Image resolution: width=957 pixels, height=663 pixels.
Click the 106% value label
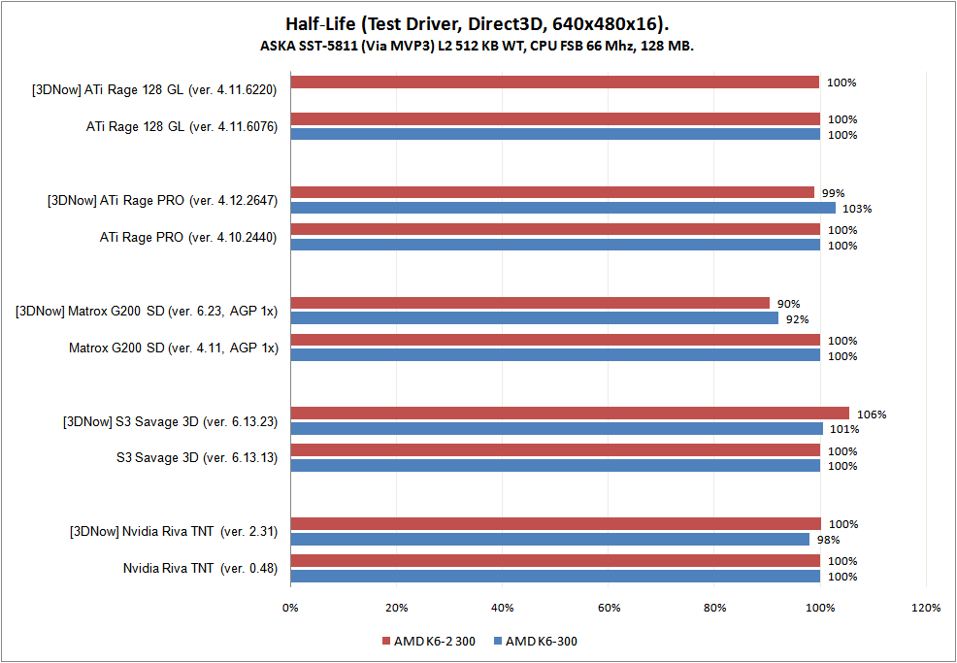[x=872, y=414]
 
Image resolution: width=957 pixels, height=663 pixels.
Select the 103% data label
[x=857, y=209]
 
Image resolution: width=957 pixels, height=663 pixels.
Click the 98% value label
[x=827, y=540]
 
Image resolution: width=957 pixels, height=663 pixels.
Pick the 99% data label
[x=832, y=193]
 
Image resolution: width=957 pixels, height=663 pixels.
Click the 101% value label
[x=841, y=429]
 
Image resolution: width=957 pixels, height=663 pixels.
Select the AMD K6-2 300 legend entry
[x=434, y=642]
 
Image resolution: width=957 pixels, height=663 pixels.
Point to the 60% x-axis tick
[x=608, y=609]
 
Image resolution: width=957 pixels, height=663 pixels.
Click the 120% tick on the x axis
[x=926, y=609]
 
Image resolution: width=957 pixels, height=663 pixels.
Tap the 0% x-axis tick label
[x=290, y=609]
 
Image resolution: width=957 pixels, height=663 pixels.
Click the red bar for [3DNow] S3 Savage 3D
[x=570, y=414]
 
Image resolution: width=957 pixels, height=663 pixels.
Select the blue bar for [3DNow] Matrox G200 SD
[x=534, y=318]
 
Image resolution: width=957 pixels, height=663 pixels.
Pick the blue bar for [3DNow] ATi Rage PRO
[x=563, y=208]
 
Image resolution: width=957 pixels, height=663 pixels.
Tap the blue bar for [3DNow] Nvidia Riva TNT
[x=549, y=539]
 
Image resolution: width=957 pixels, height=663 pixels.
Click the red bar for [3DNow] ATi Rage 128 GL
[x=555, y=83]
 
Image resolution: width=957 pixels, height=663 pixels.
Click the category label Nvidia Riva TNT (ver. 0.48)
[x=200, y=569]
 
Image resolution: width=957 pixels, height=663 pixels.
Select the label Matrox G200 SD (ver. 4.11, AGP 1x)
[x=173, y=348]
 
